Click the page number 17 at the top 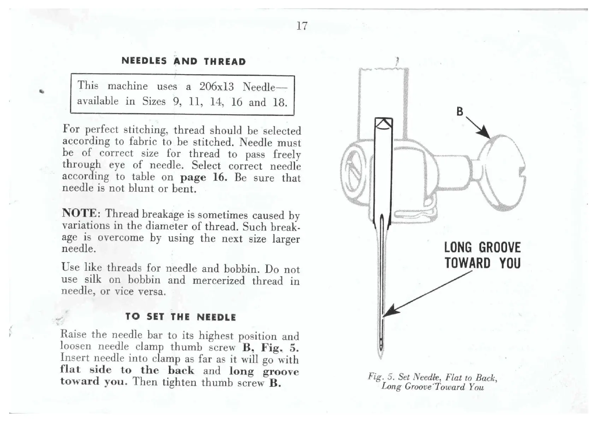(302, 26)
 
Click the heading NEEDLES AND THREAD (183, 61)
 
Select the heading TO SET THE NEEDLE (181, 317)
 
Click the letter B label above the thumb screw (459, 111)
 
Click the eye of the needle (381, 341)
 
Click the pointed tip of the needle (381, 357)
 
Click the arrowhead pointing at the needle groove (389, 313)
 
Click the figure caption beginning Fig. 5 (432, 382)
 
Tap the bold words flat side (86, 370)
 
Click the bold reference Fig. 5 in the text (279, 348)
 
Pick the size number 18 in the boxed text (279, 103)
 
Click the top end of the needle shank (383, 122)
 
